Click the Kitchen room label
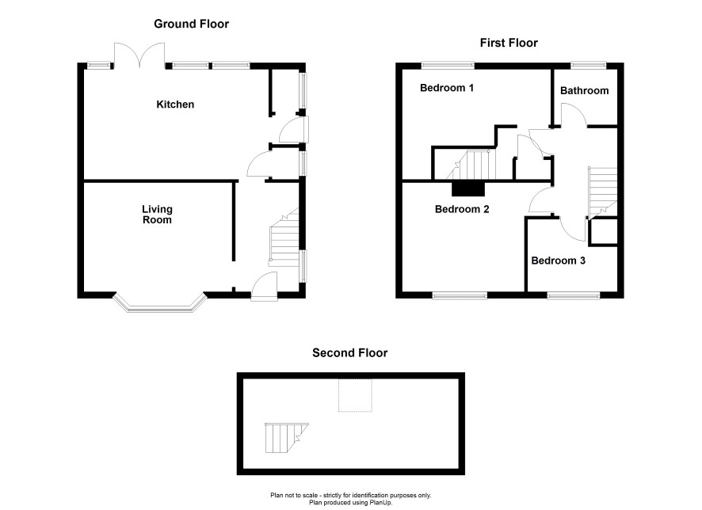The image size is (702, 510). (175, 105)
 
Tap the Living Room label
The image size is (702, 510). (157, 215)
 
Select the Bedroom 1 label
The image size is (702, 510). (446, 88)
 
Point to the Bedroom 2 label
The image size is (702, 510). (462, 209)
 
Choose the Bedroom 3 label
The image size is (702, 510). (558, 261)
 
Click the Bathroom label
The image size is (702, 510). (584, 90)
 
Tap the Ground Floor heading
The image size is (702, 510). (191, 24)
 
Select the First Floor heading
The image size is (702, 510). (509, 43)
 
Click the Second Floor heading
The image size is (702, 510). (349, 352)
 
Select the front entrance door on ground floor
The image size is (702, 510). (264, 287)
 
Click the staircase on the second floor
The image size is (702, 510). (287, 437)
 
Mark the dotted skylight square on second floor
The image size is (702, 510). (355, 395)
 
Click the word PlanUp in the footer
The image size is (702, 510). (380, 502)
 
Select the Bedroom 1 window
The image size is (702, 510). (448, 66)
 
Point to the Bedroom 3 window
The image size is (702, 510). (574, 295)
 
